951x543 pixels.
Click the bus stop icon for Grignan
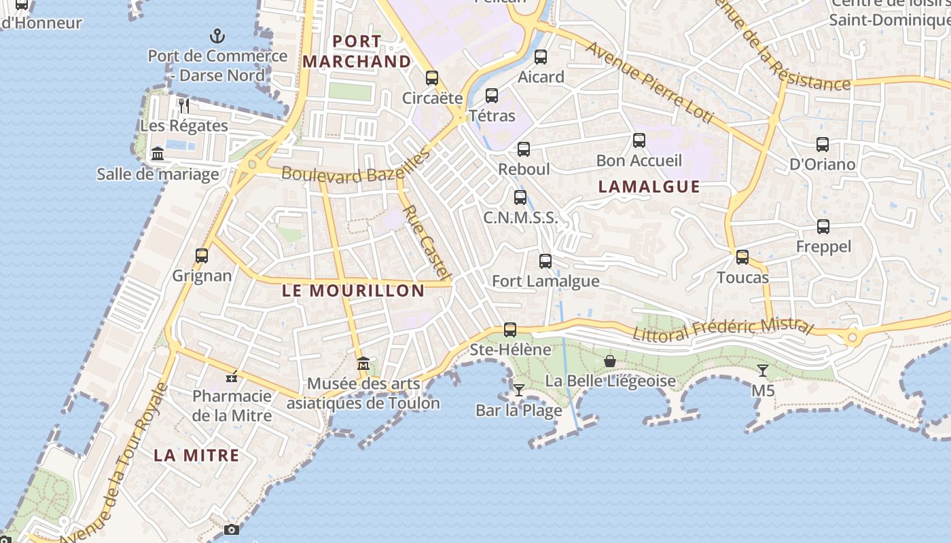click(202, 256)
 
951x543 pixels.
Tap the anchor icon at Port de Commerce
click(217, 35)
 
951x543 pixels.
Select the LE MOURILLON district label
click(353, 291)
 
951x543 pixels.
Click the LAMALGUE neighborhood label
click(649, 187)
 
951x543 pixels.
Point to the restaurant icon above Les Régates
click(184, 105)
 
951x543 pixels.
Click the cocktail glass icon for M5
click(763, 371)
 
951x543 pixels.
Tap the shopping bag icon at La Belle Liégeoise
click(610, 361)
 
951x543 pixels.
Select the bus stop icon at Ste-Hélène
click(510, 330)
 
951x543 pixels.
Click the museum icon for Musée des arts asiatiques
click(363, 364)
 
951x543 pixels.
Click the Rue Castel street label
click(427, 242)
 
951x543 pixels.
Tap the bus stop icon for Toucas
click(742, 257)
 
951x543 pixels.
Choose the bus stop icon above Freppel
click(823, 227)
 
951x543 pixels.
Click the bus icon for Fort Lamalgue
click(545, 261)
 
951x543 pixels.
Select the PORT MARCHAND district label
click(357, 52)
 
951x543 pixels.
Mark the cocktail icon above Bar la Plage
click(519, 390)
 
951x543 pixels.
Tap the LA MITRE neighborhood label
click(196, 455)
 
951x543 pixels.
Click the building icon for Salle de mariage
click(158, 154)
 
